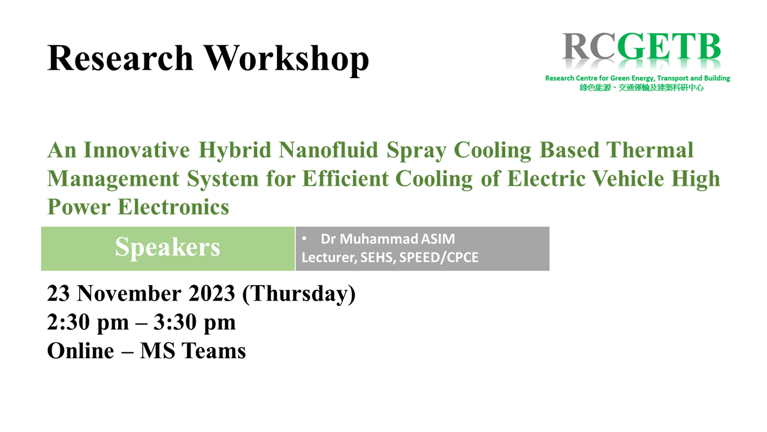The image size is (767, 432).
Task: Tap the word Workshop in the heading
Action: click(286, 59)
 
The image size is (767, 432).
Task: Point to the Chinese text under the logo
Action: click(642, 88)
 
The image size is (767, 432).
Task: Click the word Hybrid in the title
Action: click(234, 151)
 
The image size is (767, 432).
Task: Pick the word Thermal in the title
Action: click(650, 150)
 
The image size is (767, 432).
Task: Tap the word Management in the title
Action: click(113, 179)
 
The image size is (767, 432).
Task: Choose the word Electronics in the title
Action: click(173, 207)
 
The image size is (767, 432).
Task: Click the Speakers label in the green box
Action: click(167, 248)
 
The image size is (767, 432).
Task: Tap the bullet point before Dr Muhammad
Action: click(304, 239)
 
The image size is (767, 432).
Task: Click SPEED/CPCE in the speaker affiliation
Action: click(439, 257)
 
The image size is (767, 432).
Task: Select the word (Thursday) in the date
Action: click(299, 295)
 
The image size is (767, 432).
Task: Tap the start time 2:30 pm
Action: click(88, 323)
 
